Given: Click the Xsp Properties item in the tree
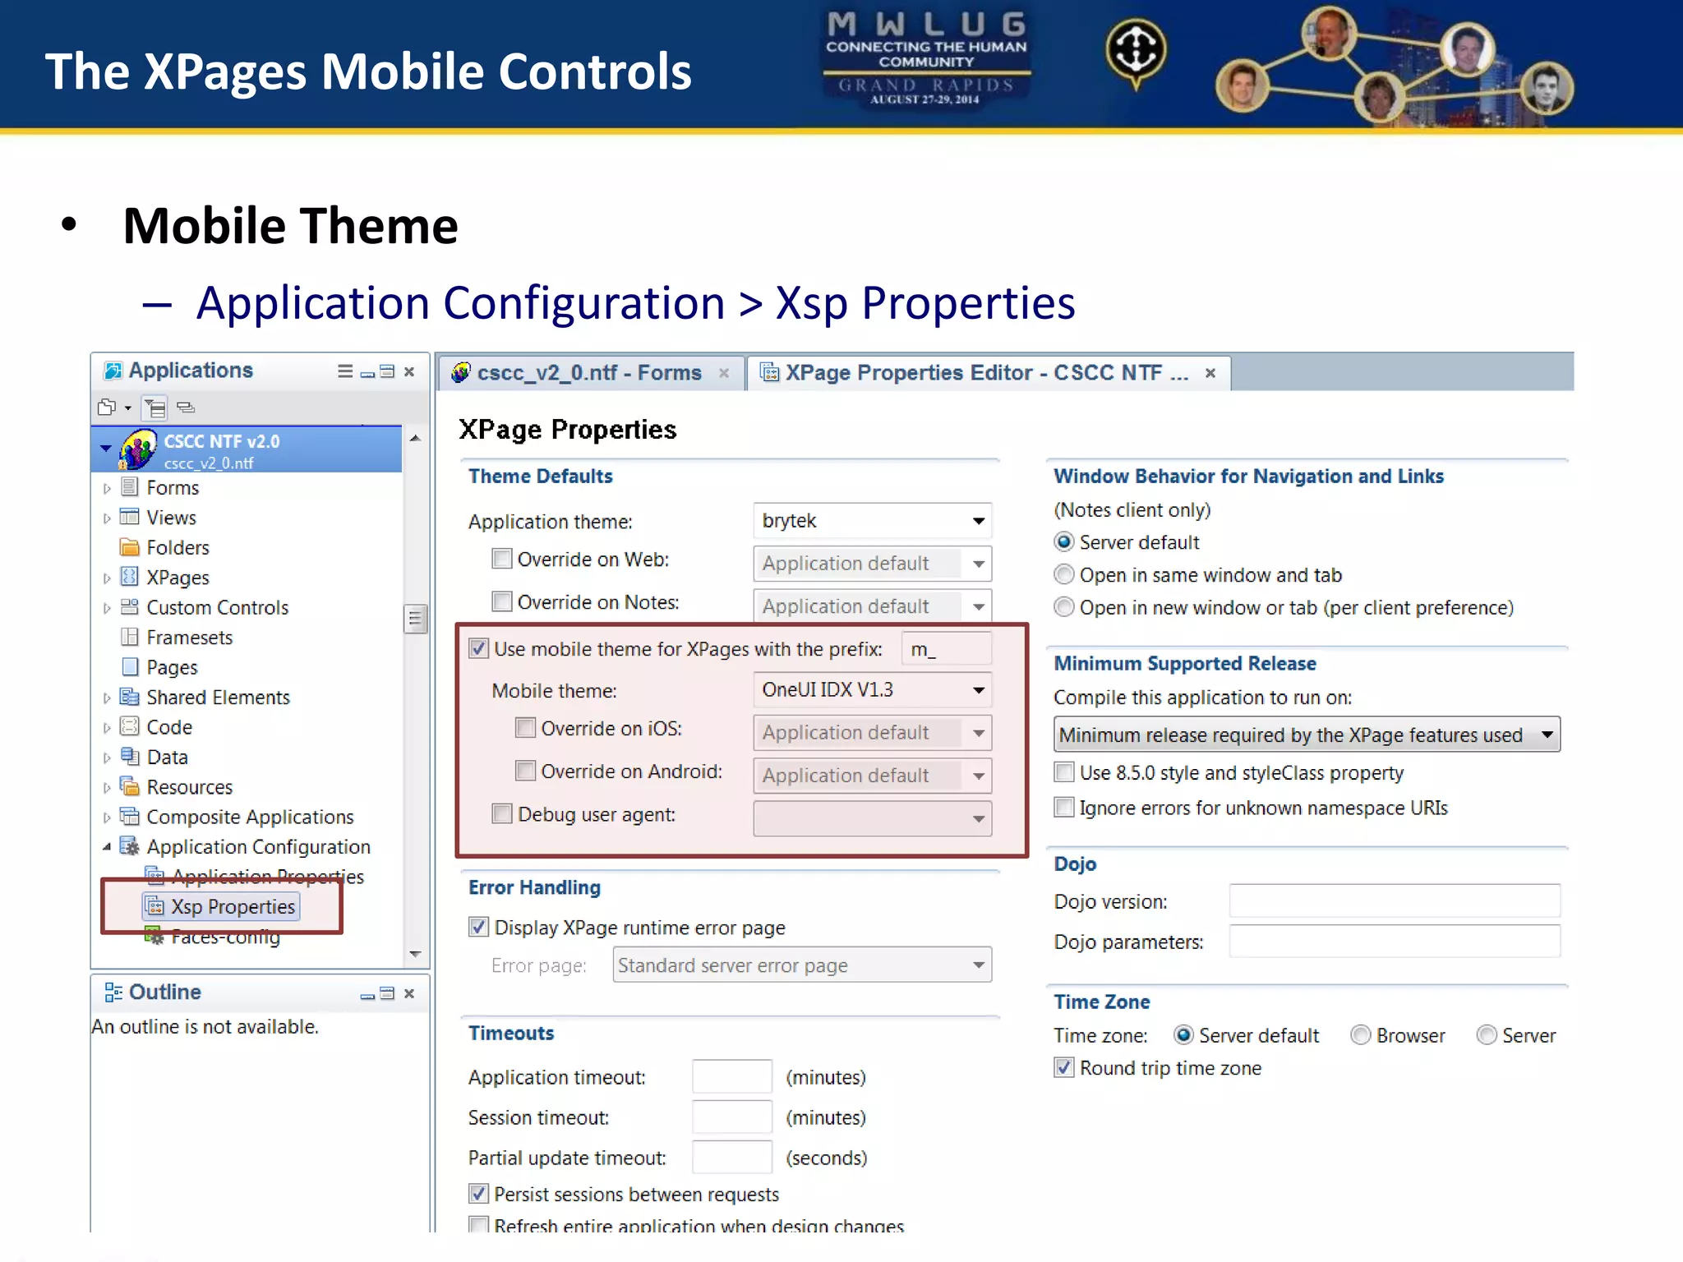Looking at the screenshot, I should (233, 906).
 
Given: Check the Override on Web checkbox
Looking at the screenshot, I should (502, 560).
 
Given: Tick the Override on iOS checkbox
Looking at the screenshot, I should (526, 728).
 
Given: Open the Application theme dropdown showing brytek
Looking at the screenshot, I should (872, 521).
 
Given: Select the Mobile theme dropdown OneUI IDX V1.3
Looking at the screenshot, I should (872, 690).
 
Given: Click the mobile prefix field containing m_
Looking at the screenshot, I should (945, 649).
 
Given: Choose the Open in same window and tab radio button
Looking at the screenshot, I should (1064, 575).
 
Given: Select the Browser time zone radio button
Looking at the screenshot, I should (1361, 1035).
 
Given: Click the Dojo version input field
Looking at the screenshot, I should (1394, 901).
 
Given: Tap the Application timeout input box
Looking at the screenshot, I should (731, 1077).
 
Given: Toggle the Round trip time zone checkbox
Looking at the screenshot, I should (1064, 1068).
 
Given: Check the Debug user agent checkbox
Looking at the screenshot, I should (502, 814).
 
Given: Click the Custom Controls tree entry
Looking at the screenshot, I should (217, 608).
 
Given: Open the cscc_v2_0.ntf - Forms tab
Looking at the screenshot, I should (588, 373).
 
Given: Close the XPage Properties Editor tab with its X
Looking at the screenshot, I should (1210, 373).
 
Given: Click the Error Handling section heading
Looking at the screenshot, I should (534, 887).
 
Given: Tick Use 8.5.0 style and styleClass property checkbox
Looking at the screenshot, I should (1064, 773).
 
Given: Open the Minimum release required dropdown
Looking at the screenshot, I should (1307, 735).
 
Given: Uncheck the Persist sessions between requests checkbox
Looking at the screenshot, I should (478, 1194).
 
